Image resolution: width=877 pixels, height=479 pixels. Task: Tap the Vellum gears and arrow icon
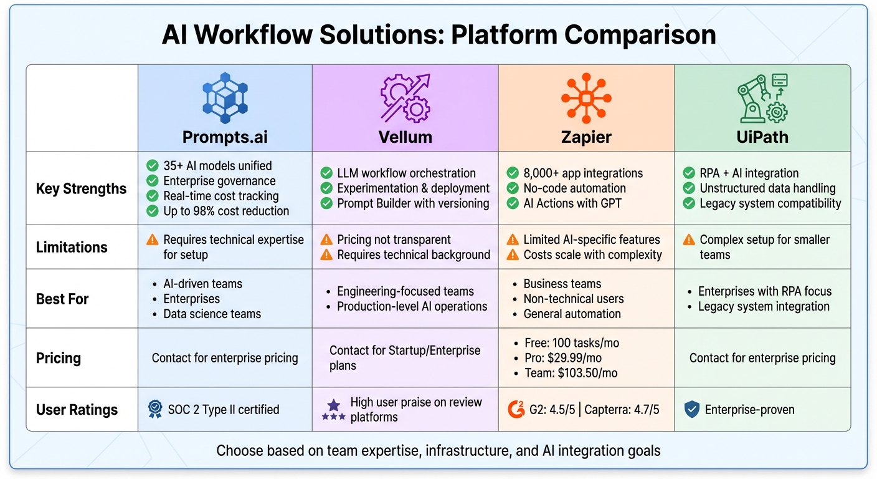click(x=405, y=98)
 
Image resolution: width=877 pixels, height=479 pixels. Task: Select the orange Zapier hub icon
click(x=586, y=98)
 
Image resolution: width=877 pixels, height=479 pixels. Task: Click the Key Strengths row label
click(x=81, y=189)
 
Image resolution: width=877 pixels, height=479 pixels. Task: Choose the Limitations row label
click(x=72, y=247)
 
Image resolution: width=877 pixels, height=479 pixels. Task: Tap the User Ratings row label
click(x=77, y=410)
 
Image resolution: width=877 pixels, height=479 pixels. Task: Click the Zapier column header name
click(x=586, y=137)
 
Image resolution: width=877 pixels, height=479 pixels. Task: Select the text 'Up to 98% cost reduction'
click(x=226, y=211)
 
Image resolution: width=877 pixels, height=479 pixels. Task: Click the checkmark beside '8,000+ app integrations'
click(x=513, y=173)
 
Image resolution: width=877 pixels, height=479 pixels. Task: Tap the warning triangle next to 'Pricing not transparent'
click(x=326, y=239)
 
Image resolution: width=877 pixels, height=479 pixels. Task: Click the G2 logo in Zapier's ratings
click(x=516, y=410)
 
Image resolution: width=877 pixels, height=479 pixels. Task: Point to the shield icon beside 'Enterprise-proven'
click(x=691, y=410)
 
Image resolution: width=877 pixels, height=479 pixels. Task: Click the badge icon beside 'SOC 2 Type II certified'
click(x=155, y=409)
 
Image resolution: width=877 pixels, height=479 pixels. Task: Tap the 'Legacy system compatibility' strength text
click(x=770, y=203)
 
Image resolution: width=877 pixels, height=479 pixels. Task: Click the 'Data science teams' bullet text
click(x=212, y=314)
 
